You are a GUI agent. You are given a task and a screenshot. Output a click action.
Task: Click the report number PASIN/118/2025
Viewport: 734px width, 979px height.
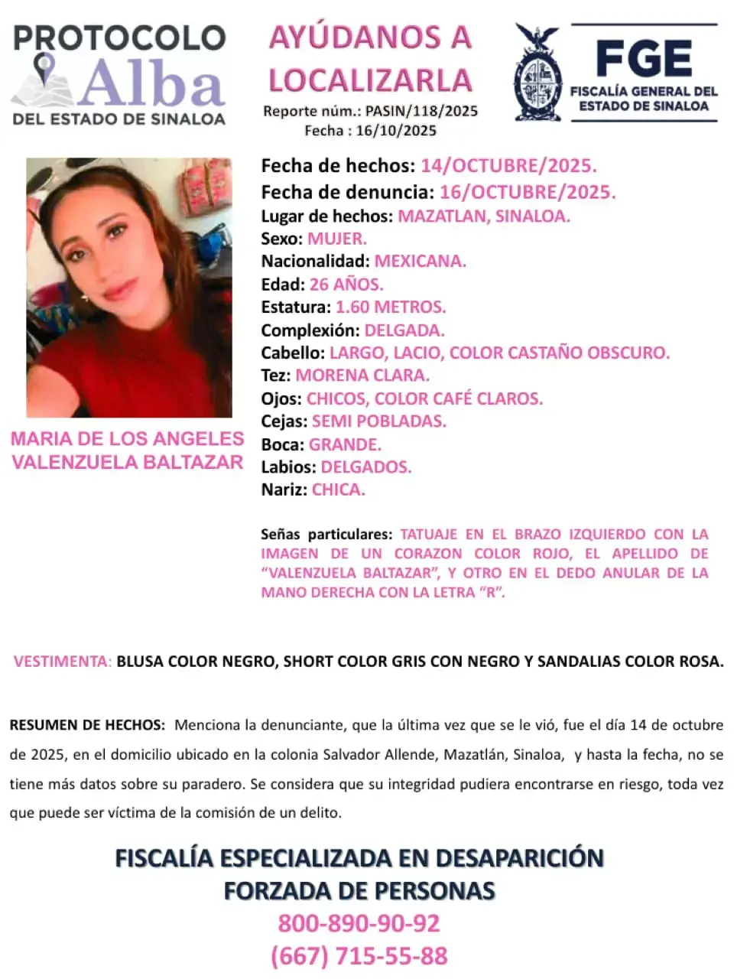tap(421, 111)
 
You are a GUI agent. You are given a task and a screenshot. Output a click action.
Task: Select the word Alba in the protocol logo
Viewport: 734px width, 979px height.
tap(152, 83)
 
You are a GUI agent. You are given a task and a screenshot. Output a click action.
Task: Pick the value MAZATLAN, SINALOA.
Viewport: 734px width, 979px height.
tap(483, 216)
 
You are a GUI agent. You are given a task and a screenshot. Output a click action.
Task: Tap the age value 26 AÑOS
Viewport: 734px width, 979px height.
tap(346, 285)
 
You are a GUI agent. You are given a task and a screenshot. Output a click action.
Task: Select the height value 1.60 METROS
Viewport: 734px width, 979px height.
tap(391, 307)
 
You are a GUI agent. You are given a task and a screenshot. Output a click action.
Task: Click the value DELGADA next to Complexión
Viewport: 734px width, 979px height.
tap(404, 330)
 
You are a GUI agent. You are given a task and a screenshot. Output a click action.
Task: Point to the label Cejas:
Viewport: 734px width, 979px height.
tap(284, 421)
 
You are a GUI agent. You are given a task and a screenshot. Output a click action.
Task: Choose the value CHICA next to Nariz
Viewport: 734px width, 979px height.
tap(339, 489)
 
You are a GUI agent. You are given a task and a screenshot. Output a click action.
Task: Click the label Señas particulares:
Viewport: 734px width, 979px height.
tap(326, 534)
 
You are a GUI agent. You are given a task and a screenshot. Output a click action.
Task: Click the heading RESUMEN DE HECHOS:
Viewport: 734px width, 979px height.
tap(86, 725)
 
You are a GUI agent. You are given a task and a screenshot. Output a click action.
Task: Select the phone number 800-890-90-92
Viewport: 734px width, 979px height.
tap(359, 923)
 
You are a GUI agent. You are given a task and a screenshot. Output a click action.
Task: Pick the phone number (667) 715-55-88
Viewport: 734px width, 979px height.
tap(359, 956)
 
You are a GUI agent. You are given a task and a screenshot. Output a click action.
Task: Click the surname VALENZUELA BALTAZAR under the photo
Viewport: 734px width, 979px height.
tap(127, 462)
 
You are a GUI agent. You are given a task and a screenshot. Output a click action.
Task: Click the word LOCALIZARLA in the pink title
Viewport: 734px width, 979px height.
tap(370, 80)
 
